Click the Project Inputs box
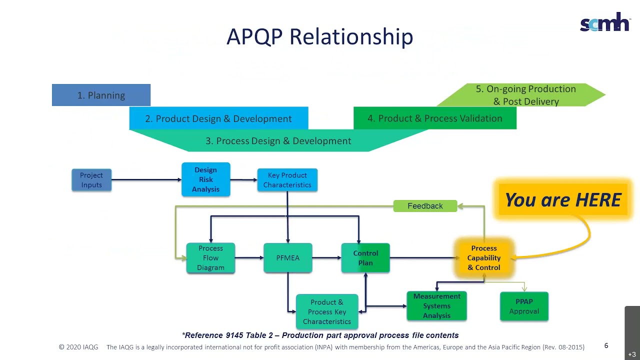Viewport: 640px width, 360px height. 91,180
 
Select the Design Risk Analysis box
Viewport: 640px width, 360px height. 205,179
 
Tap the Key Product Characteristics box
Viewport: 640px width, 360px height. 287,180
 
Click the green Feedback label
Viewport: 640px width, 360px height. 425,206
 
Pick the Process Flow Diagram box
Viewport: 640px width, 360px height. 210,258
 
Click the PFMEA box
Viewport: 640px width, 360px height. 287,258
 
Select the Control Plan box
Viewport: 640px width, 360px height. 365,258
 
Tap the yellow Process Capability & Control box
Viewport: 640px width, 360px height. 483,258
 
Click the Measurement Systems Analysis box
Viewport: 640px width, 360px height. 436,306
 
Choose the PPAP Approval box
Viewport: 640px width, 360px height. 524,306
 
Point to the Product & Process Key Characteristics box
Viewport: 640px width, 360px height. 327,312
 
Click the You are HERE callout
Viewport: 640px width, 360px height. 562,200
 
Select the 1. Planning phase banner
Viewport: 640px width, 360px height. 101,95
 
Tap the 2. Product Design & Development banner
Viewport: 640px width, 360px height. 218,118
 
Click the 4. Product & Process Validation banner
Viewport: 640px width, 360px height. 434,118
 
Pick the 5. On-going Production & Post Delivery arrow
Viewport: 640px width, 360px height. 525,95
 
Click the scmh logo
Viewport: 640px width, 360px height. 604,22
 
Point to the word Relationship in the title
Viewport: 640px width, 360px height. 351,37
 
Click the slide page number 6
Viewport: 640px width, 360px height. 606,345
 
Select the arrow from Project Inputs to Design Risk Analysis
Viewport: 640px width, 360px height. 146,180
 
